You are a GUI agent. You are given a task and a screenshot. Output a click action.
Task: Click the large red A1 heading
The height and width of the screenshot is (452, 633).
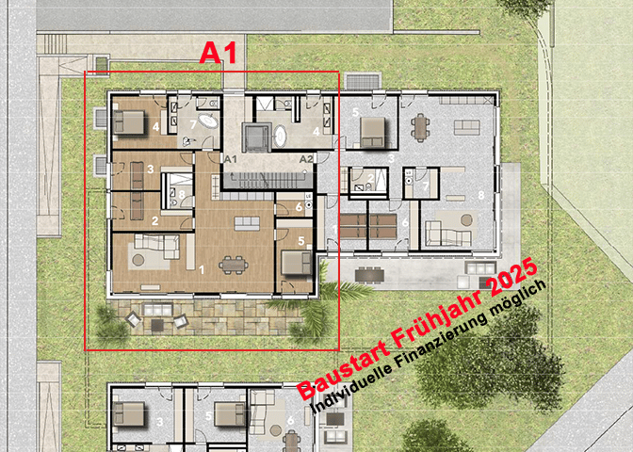(x=218, y=53)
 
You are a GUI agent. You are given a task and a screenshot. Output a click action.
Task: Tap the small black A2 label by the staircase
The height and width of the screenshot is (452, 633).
(x=306, y=159)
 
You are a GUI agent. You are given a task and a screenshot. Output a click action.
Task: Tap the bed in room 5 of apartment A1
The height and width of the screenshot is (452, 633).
(x=295, y=260)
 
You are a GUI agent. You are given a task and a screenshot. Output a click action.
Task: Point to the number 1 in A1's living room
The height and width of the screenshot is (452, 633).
(x=201, y=268)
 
